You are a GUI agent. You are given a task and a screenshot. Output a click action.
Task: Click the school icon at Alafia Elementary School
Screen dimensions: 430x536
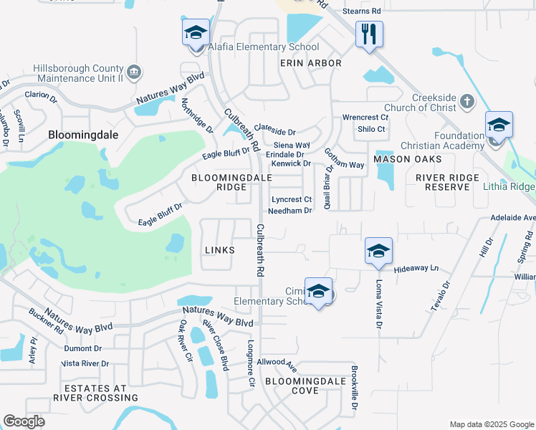(x=196, y=33)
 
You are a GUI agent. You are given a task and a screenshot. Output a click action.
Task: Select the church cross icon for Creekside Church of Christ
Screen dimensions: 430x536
(x=466, y=101)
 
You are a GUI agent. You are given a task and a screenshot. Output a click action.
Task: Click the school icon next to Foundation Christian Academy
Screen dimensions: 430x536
(x=499, y=125)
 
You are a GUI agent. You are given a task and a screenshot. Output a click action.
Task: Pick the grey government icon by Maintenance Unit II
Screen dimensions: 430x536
(x=133, y=72)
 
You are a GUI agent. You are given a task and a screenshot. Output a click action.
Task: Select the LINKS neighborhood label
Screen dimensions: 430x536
(x=219, y=249)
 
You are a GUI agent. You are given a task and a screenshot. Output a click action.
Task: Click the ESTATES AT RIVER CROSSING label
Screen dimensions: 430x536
(x=90, y=393)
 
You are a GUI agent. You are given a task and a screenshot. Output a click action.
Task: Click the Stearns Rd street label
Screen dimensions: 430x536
(x=361, y=11)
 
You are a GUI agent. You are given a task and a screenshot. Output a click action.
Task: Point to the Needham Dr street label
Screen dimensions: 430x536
(x=289, y=211)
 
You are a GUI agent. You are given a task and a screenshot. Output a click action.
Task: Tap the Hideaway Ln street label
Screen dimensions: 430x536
(x=416, y=268)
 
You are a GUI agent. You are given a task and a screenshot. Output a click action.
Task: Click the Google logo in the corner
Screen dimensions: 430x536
(x=24, y=421)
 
